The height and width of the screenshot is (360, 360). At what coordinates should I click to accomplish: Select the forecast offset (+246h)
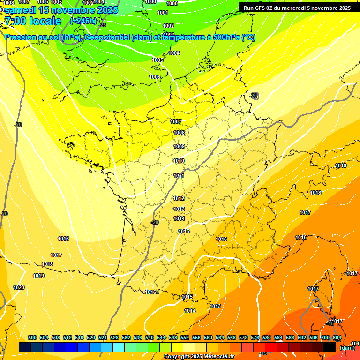point(83,21)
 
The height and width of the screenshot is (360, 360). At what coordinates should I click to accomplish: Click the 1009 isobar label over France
point(179,147)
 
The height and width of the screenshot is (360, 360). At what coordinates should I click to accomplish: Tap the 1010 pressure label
point(179,161)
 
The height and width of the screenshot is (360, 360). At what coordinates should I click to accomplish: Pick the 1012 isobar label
point(179,199)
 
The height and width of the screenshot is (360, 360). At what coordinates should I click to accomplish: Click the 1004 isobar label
point(174,53)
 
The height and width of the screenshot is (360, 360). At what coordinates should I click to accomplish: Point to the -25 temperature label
point(103,25)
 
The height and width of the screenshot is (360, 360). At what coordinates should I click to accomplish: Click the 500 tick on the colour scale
point(32,338)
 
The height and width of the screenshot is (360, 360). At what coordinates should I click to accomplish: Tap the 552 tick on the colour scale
point(185,338)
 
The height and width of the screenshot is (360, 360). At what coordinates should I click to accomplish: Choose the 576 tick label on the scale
point(255,338)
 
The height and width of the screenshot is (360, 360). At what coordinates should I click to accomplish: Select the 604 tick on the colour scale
point(337,338)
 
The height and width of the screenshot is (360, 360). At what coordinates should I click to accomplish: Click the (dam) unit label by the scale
point(347,348)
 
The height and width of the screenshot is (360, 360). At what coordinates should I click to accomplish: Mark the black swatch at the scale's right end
point(330,347)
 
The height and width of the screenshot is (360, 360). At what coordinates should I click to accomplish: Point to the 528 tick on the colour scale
point(114,338)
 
